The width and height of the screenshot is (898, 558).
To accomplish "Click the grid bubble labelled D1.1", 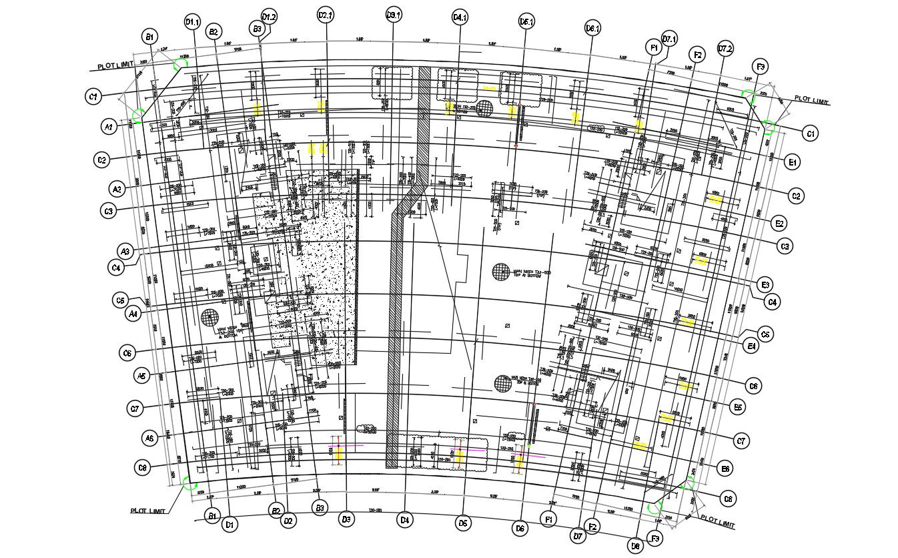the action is pyautogui.click(x=192, y=23).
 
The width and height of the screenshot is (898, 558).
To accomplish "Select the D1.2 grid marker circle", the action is pyautogui.click(x=269, y=17).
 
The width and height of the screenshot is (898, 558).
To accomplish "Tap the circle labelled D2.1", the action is pyautogui.click(x=326, y=15).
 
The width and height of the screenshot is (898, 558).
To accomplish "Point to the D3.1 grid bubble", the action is pyautogui.click(x=394, y=15).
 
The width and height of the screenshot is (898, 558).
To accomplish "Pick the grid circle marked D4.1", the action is pyautogui.click(x=460, y=17).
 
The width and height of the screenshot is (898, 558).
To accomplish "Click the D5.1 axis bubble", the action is pyautogui.click(x=526, y=23).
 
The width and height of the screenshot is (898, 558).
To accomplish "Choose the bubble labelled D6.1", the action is pyautogui.click(x=592, y=29).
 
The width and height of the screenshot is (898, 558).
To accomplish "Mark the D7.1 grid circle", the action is pyautogui.click(x=669, y=39).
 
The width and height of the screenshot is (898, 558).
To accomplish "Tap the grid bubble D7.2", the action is pyautogui.click(x=725, y=49).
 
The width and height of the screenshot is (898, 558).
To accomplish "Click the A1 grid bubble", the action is pyautogui.click(x=109, y=125).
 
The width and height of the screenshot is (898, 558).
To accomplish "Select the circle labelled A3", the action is pyautogui.click(x=125, y=252).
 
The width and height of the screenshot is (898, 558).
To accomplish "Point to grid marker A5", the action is pyautogui.click(x=141, y=376).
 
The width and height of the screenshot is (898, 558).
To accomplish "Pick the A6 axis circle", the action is pyautogui.click(x=149, y=438).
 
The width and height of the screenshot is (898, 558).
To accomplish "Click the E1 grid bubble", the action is pyautogui.click(x=793, y=162).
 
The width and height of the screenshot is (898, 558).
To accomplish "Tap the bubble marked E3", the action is pyautogui.click(x=765, y=285).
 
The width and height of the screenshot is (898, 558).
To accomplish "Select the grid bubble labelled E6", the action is pyautogui.click(x=725, y=469).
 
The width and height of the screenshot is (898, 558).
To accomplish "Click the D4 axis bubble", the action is pyautogui.click(x=404, y=519).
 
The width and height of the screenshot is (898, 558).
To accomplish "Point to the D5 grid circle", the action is pyautogui.click(x=463, y=523).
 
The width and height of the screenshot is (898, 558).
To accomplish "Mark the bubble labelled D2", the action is pyautogui.click(x=288, y=520).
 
